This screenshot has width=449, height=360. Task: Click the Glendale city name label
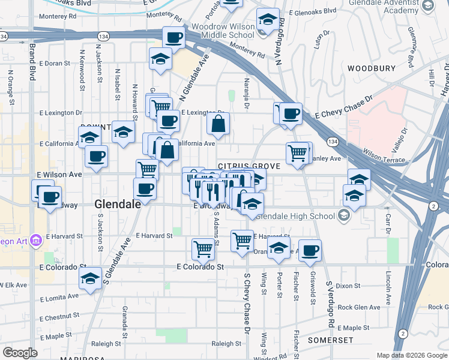point(118,205)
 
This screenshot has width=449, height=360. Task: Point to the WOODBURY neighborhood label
point(368,68)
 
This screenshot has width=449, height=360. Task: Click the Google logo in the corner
point(20,353)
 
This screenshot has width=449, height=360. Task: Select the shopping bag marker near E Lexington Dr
point(218,124)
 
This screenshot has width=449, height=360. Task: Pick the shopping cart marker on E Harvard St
point(242,241)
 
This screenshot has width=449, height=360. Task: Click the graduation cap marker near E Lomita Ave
point(90,278)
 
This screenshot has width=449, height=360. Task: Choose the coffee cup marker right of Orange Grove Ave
point(310,250)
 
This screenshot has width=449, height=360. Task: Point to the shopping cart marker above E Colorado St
point(203,248)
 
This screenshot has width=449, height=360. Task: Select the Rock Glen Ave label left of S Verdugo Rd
point(353,307)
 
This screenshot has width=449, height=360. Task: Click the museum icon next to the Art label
point(35,241)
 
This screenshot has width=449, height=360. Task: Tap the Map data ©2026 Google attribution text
point(411,355)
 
